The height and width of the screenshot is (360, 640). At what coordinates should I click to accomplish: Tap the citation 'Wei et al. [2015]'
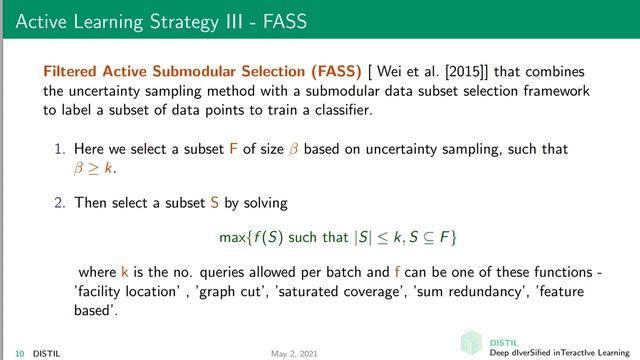point(437,73)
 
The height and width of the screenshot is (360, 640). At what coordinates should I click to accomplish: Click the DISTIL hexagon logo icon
point(471,343)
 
